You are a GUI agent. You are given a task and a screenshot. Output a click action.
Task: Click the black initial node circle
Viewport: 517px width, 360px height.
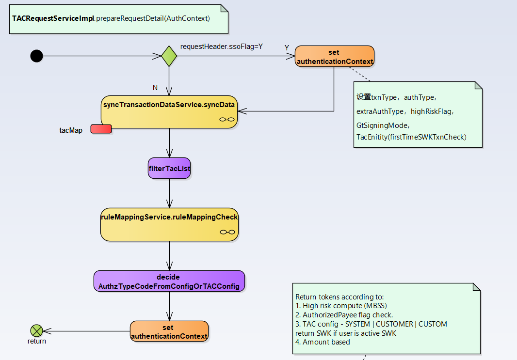pyautogui.click(x=36, y=56)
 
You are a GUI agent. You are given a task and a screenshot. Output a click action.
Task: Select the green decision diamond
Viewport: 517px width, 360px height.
pyautogui.click(x=169, y=56)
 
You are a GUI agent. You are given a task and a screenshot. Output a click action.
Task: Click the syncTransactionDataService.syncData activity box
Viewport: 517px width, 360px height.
pyautogui.click(x=169, y=111)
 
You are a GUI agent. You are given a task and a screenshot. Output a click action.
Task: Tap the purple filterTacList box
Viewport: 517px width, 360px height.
pyautogui.click(x=169, y=168)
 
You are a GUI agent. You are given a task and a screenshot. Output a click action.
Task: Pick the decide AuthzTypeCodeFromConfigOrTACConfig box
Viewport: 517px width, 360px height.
pyautogui.click(x=169, y=282)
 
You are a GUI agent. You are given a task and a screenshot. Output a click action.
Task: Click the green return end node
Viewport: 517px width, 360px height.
pyautogui.click(x=36, y=331)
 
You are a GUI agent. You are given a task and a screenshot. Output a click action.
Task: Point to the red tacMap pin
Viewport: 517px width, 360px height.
pyautogui.click(x=101, y=129)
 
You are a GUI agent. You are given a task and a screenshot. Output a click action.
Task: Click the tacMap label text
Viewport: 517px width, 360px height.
pyautogui.click(x=74, y=131)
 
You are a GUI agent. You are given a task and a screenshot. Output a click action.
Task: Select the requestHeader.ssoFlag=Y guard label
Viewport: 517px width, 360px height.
pyautogui.click(x=221, y=47)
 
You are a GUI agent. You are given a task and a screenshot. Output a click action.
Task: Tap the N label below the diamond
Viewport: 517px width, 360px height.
pyautogui.click(x=155, y=88)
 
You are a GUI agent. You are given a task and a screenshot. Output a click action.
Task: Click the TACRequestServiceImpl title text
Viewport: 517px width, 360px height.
pyautogui.click(x=53, y=18)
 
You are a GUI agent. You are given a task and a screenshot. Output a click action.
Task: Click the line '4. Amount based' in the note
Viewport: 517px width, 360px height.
pyautogui.click(x=323, y=342)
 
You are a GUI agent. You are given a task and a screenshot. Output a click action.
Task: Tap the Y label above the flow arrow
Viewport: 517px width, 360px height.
pyautogui.click(x=287, y=47)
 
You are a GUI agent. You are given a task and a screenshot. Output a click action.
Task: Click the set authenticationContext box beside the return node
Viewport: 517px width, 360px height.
pyautogui.click(x=169, y=331)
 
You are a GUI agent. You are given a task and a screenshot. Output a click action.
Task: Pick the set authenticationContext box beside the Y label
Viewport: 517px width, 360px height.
pyautogui.click(x=335, y=56)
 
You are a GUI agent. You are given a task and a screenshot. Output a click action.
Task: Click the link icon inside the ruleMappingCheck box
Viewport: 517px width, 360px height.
pyautogui.click(x=227, y=232)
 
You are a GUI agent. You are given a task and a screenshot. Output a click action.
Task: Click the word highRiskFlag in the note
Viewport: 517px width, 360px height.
pyautogui.click(x=432, y=111)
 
